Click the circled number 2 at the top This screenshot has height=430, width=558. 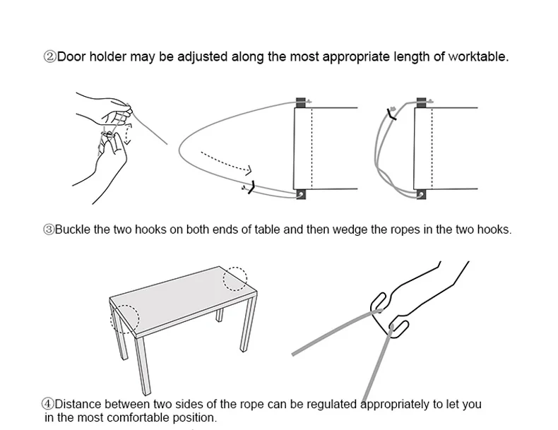point(50,56)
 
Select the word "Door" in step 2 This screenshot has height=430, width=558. point(71,56)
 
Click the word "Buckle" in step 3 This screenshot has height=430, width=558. point(73,229)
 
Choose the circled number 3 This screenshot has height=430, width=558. point(49,229)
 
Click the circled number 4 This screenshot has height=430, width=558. point(48,405)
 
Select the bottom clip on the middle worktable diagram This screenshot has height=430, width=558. point(301,193)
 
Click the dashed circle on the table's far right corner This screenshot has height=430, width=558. point(235,277)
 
